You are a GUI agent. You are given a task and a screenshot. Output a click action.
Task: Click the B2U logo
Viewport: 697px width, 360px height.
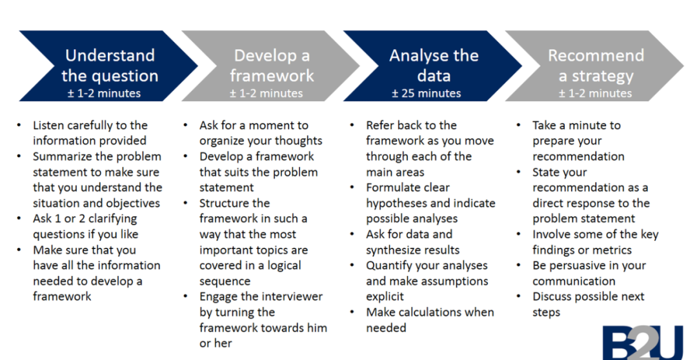tap(643, 343)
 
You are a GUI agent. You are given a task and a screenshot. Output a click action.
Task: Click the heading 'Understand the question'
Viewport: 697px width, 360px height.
tap(110, 65)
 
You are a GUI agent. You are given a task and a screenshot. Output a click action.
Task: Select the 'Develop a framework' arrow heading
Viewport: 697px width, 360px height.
tap(272, 65)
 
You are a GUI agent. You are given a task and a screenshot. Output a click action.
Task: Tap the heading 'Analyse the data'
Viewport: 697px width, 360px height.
tap(434, 65)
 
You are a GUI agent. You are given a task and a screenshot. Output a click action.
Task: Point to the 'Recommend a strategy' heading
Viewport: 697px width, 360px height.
tap(596, 65)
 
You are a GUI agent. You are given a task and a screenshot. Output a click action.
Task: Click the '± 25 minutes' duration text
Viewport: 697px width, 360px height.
tap(427, 94)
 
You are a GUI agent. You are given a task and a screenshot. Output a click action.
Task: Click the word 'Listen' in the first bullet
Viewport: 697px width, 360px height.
tap(48, 125)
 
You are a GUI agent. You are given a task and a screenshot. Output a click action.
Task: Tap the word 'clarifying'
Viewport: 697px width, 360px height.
tap(112, 219)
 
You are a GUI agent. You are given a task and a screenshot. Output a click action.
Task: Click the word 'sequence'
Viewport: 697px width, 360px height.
tap(225, 282)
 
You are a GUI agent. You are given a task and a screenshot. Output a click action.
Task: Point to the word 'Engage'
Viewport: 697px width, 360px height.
tap(219, 297)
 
